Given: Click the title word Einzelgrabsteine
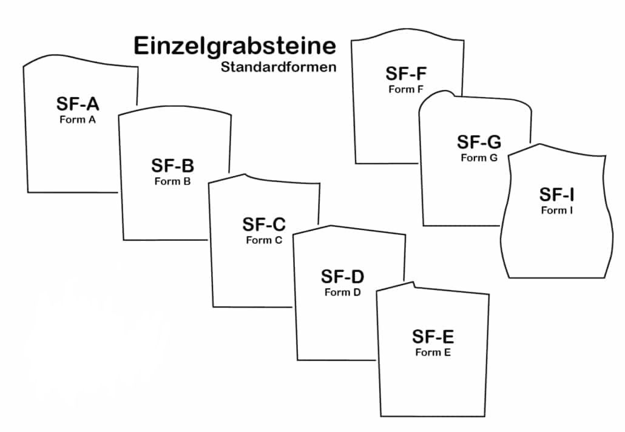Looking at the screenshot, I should (x=234, y=47).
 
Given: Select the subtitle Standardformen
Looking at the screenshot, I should (x=279, y=67).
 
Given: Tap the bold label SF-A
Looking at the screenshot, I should (x=78, y=104).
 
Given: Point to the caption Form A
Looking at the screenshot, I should (x=78, y=120).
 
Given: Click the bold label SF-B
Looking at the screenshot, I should (x=172, y=166).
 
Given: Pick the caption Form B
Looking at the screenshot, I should (x=172, y=181).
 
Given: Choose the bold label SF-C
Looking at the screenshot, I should (x=264, y=224).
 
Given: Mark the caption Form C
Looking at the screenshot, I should (x=264, y=240).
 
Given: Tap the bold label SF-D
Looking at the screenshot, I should (x=342, y=277).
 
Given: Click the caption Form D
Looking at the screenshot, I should (x=342, y=292).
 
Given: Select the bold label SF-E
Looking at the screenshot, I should (x=433, y=337).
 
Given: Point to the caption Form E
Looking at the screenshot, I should (x=433, y=352).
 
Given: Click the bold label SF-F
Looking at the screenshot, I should (x=406, y=74).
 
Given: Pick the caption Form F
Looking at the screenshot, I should (x=406, y=89).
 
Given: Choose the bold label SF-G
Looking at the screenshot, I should (x=479, y=143).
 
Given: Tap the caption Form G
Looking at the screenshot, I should (x=479, y=158).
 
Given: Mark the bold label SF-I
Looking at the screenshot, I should (x=557, y=195).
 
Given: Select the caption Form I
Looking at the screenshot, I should (x=557, y=211).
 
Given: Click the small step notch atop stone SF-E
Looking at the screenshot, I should (x=413, y=283).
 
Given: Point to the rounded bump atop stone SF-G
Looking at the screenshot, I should (x=447, y=93).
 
